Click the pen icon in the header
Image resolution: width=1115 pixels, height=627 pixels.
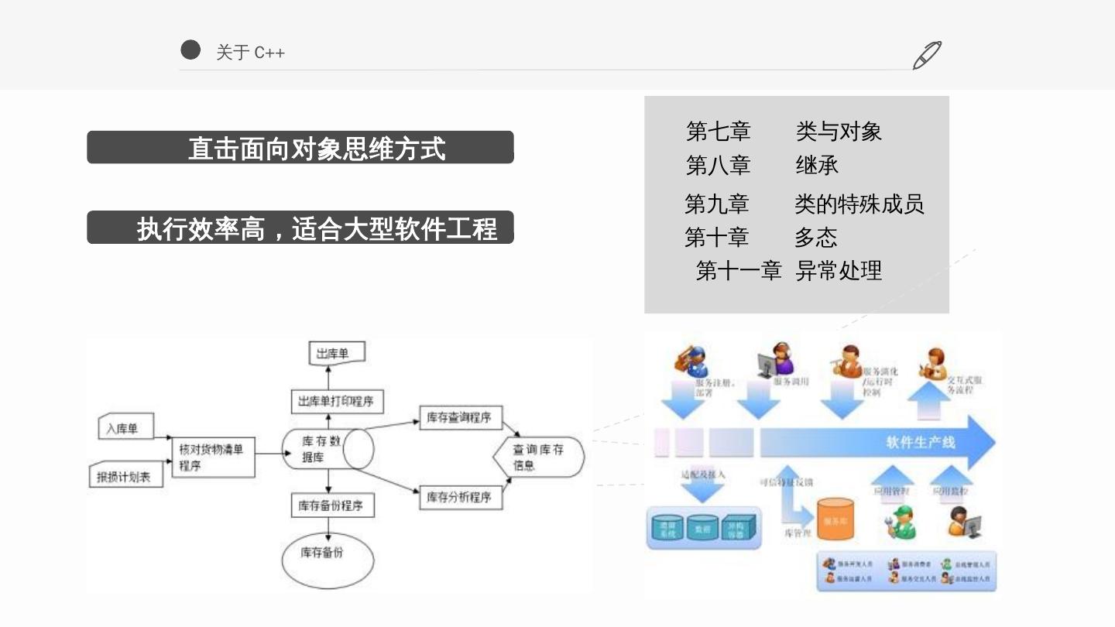click(x=927, y=55)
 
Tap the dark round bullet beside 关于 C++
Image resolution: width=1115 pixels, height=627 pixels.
click(x=190, y=50)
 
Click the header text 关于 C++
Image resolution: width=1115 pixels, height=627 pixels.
click(x=250, y=53)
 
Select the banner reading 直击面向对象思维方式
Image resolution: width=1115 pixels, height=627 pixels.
click(x=300, y=147)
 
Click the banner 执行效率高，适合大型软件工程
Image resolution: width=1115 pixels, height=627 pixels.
click(x=300, y=228)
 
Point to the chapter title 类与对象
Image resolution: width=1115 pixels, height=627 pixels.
click(x=839, y=132)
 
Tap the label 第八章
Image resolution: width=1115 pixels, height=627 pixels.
click(x=718, y=165)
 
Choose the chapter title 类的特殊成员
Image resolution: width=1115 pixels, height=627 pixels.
click(x=859, y=204)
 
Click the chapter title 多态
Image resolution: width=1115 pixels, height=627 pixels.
click(x=815, y=237)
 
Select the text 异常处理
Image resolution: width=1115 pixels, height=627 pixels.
click(x=839, y=271)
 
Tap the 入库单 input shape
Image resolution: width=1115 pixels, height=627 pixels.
click(x=125, y=427)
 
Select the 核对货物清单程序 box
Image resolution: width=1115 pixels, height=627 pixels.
click(x=213, y=456)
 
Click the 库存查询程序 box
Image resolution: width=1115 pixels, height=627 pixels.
click(x=460, y=418)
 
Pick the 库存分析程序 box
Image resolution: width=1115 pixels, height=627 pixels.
click(x=460, y=497)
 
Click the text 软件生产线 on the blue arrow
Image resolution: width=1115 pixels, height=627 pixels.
click(x=920, y=443)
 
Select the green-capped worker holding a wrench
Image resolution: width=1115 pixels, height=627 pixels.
click(x=900, y=523)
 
